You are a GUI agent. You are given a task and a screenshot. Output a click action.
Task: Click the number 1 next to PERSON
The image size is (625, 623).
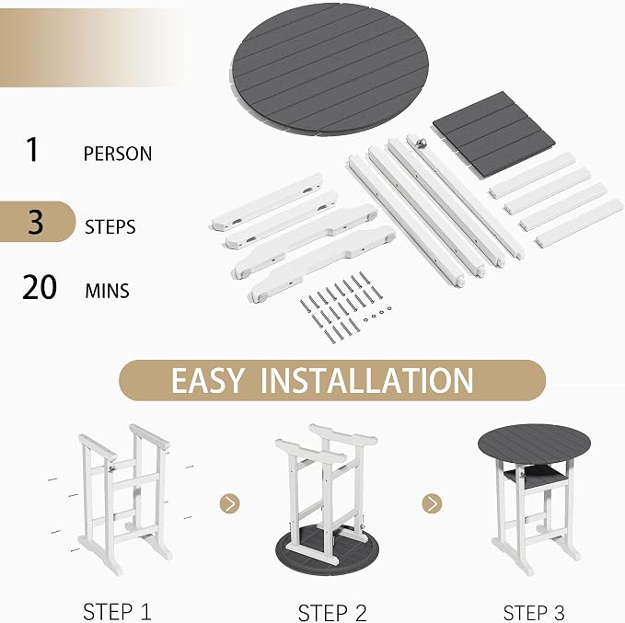[32, 149]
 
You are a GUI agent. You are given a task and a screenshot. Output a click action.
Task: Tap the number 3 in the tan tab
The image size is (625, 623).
[36, 222]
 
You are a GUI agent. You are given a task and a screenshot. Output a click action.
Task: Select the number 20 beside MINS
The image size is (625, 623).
[40, 287]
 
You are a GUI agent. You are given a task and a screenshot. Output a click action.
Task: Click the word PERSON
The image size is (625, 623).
[118, 154]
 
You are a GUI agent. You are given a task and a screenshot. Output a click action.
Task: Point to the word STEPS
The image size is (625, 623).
[110, 226]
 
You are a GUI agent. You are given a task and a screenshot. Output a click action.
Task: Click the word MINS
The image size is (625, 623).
[107, 291]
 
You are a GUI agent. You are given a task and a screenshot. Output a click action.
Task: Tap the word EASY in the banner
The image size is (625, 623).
[207, 380]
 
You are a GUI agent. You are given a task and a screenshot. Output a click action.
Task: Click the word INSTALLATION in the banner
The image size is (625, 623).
[366, 380]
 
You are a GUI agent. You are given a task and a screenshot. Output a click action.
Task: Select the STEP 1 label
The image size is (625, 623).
[117, 612]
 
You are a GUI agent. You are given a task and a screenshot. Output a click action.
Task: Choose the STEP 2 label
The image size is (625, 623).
[332, 613]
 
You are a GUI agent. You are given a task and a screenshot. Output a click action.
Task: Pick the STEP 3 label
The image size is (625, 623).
[534, 613]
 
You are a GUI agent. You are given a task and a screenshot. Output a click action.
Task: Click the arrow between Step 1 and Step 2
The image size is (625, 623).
[229, 503]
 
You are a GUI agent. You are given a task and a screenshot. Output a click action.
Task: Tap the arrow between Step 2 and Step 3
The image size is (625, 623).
[432, 503]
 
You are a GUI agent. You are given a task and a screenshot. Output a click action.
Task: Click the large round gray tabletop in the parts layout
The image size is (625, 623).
[330, 69]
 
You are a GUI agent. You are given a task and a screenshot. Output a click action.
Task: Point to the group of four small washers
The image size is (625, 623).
[377, 314]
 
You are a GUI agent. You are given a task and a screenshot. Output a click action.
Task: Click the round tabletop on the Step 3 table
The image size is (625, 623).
[534, 444]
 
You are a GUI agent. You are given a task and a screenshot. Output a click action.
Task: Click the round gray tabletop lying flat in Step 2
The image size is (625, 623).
[327, 551]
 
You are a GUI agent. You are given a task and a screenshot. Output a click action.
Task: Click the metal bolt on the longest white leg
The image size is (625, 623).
[420, 143]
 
